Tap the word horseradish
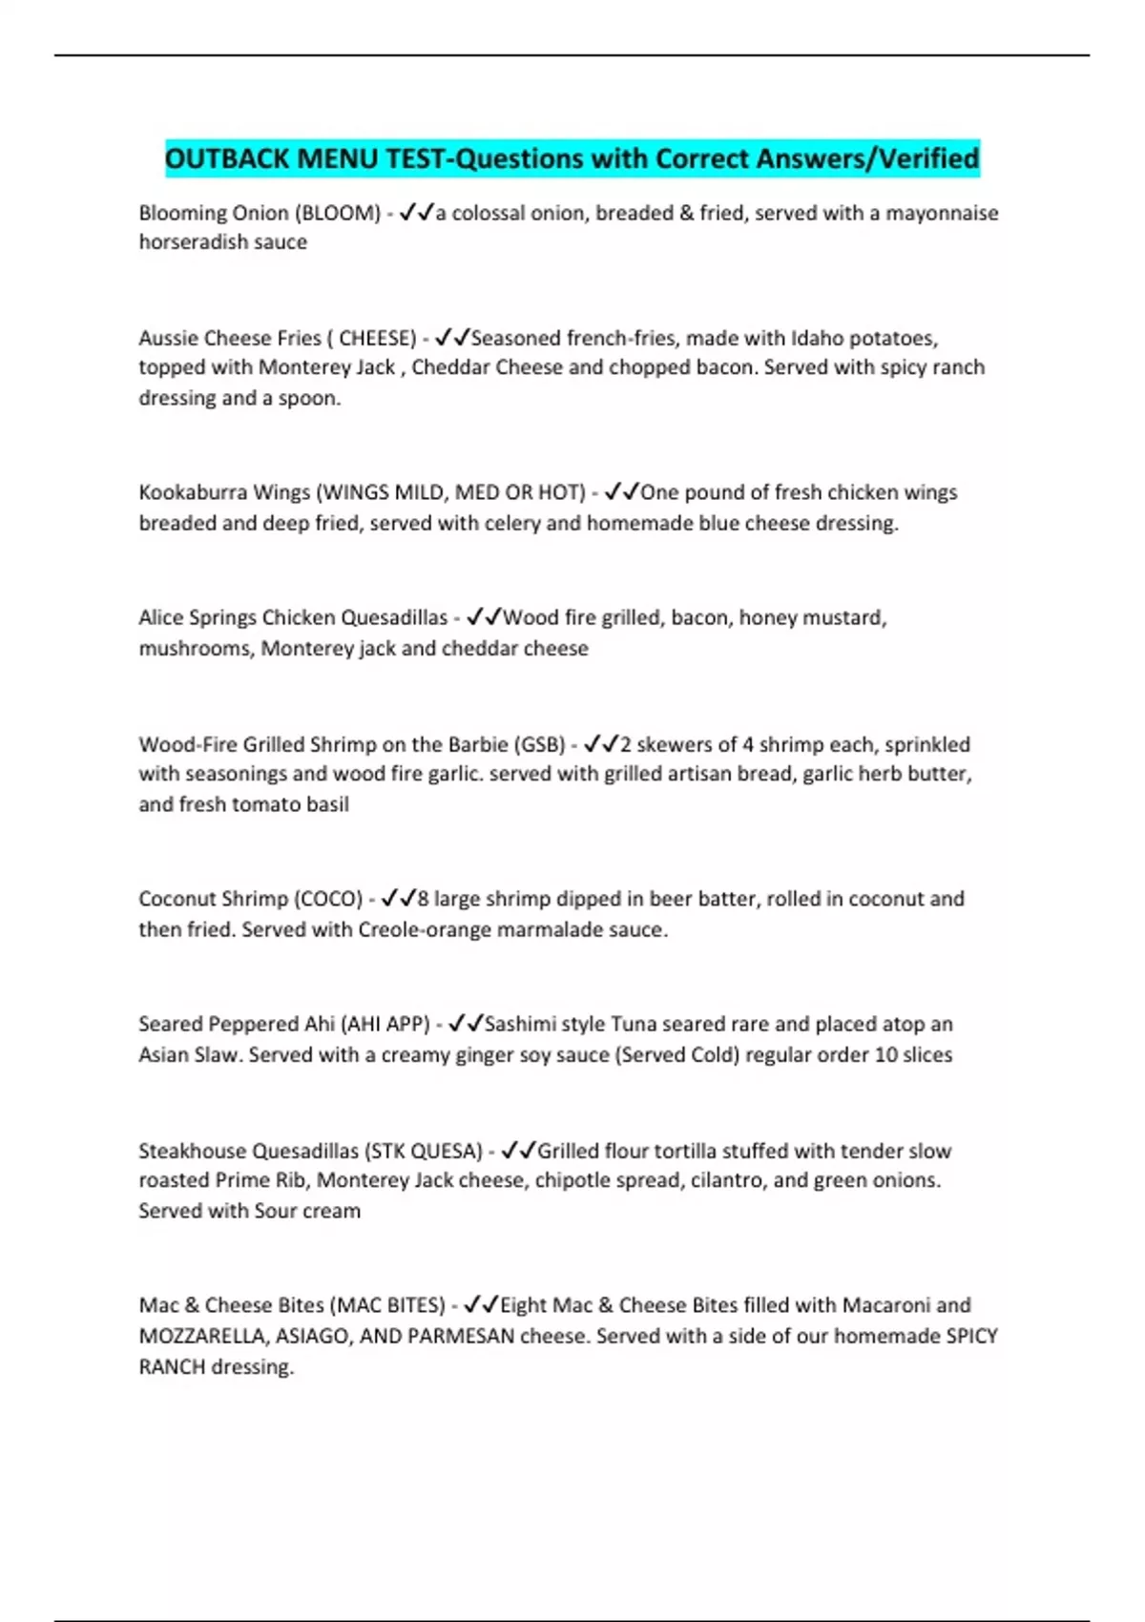186,242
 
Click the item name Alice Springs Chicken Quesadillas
293,617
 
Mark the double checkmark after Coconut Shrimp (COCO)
398,899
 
